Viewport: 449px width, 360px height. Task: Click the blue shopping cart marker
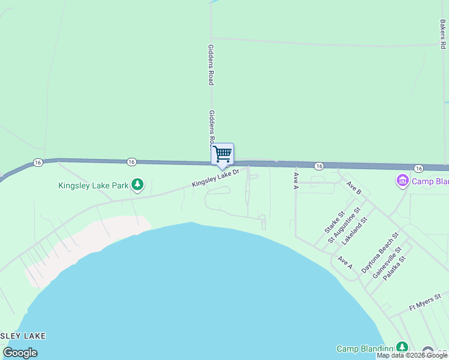[223, 154]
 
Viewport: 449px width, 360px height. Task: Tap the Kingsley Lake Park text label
[94, 185]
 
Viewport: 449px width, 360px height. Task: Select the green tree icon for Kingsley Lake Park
[138, 184]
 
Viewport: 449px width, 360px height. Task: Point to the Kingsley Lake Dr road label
[215, 178]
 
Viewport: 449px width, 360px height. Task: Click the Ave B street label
[354, 187]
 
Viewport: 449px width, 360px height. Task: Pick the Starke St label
[334, 222]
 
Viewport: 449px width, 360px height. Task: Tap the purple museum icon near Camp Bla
[402, 180]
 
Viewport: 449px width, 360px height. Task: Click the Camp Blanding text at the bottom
[364, 349]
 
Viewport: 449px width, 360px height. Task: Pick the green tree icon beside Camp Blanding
[402, 347]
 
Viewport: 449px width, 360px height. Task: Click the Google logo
[20, 353]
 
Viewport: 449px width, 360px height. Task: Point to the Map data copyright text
[412, 356]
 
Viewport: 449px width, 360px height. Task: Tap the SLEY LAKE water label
[23, 336]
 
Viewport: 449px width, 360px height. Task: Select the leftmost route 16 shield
[38, 162]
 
